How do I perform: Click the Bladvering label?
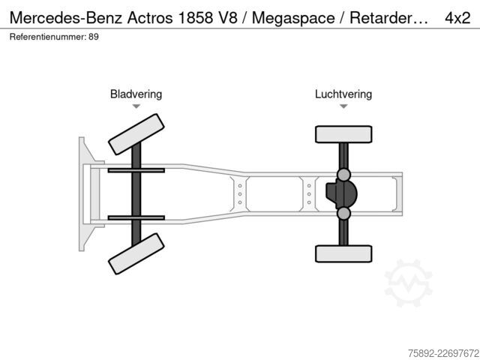coord(136,94)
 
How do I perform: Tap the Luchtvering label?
coord(343,94)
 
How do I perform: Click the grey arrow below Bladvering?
coord(136,106)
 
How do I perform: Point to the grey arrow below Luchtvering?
coord(343,106)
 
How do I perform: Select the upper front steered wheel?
coord(136,134)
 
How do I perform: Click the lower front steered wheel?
coord(136,253)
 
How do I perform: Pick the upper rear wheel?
coord(343,134)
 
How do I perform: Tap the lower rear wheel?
coord(343,253)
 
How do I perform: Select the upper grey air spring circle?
coord(343,175)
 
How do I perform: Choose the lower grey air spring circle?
coord(343,213)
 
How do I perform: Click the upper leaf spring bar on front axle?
coord(136,170)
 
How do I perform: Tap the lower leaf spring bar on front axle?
coord(136,218)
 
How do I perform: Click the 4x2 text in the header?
coord(457,18)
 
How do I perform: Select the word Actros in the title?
coord(150,18)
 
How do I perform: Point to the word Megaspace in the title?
coord(293,18)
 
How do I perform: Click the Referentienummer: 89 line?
coord(54,37)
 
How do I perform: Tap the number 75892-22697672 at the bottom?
coord(443,353)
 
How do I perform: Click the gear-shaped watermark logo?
coord(408,283)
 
